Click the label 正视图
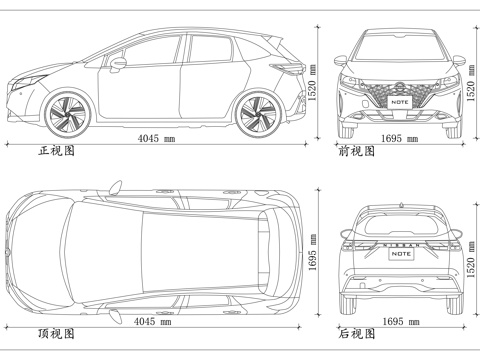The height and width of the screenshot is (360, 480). coord(55,153)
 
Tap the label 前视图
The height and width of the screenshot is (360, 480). coord(357,153)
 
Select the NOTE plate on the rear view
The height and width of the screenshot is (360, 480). coord(401,254)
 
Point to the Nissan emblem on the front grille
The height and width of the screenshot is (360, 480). coord(401,87)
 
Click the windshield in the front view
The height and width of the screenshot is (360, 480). coord(401,50)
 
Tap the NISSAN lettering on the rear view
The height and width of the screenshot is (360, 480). coord(401,243)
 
